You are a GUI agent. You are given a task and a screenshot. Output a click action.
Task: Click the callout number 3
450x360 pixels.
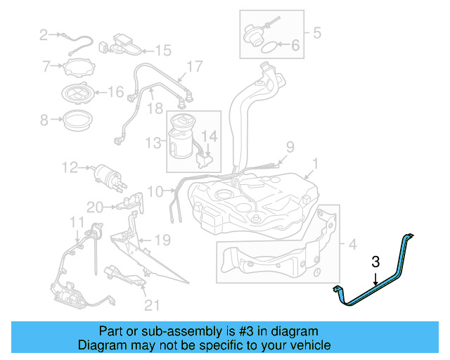[375, 262]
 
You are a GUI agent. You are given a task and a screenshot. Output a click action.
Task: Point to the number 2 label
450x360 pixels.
[44, 34]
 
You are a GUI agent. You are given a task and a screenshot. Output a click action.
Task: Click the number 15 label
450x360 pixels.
[162, 50]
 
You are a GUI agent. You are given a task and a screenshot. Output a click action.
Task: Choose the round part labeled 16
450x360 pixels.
[78, 91]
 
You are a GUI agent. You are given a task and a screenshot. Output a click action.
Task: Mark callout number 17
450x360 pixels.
[194, 67]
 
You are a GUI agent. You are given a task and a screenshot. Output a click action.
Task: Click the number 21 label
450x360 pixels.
[151, 304]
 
